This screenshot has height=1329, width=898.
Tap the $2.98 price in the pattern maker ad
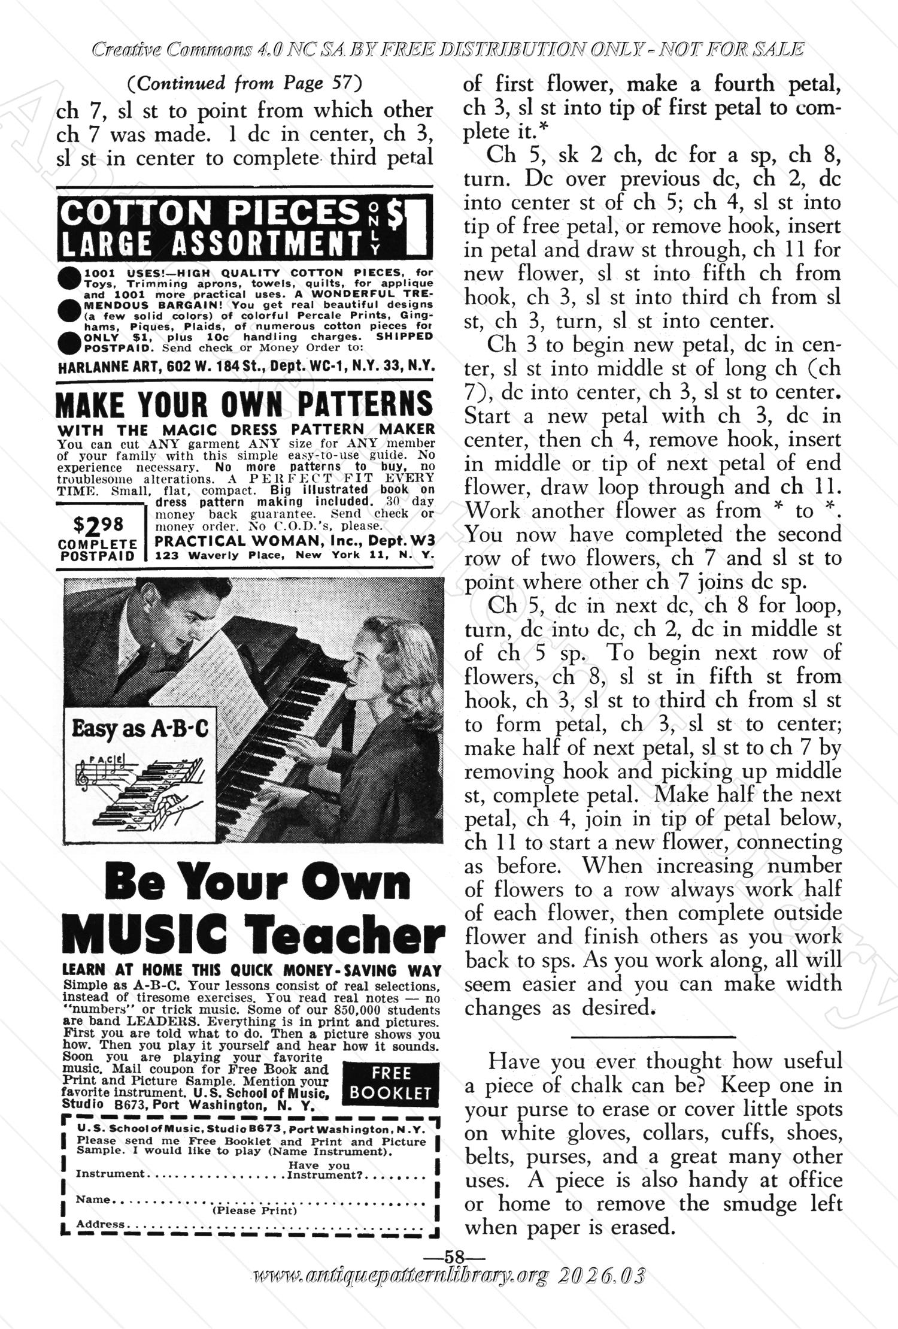tap(98, 525)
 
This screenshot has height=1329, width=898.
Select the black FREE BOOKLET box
tap(390, 1082)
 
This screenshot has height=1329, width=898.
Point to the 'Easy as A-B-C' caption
tap(140, 728)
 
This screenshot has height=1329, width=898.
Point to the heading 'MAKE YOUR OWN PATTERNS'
tap(244, 404)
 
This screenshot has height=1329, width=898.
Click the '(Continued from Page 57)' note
tap(245, 83)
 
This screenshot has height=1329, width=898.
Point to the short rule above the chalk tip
tap(653, 1036)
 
